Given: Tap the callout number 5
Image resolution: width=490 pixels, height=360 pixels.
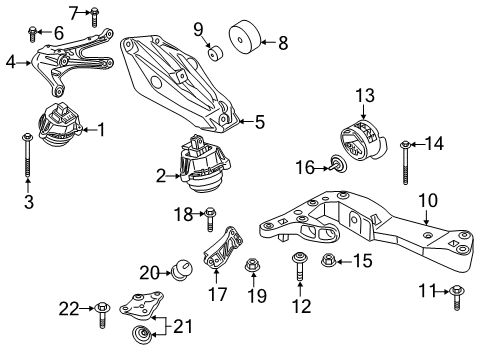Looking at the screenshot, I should [259, 123].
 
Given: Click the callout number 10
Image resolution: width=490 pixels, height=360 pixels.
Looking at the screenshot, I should [426, 200].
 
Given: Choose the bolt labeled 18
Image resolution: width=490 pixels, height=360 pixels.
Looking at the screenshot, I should [210, 215].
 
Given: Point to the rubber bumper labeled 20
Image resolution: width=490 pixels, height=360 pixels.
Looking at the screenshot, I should [182, 269].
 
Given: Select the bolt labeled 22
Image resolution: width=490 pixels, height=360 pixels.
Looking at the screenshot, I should [103, 313].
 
